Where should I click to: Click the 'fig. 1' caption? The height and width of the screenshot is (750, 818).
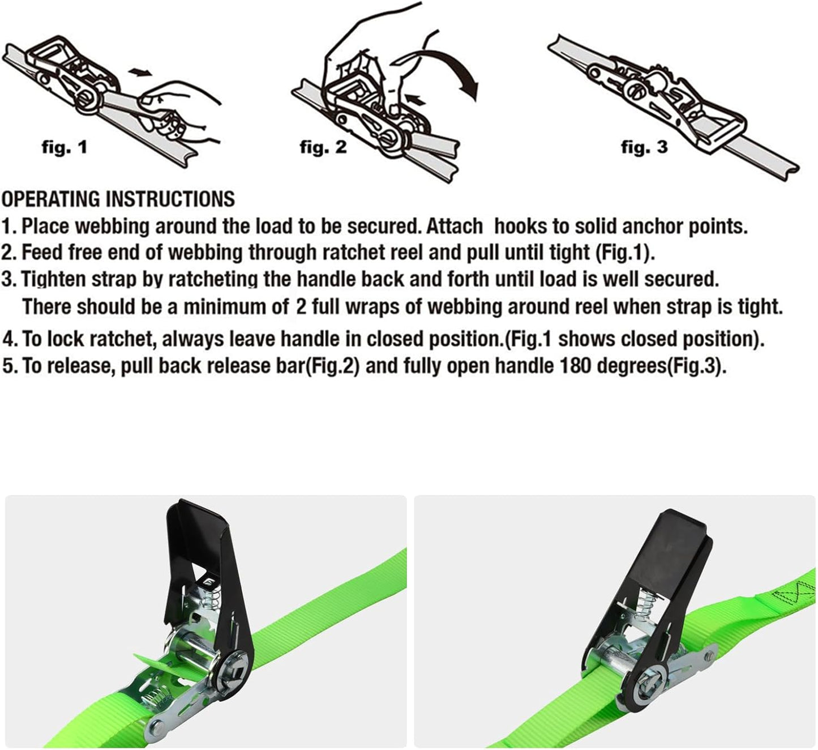pos(65,147)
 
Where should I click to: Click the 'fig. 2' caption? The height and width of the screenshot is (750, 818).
pos(323,147)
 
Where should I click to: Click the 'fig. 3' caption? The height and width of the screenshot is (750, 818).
pos(644,147)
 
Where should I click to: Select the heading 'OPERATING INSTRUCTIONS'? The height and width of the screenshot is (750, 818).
pos(118,199)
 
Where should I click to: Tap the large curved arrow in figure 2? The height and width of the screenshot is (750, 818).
pos(447,68)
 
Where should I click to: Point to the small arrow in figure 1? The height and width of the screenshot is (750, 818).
pos(140,72)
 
